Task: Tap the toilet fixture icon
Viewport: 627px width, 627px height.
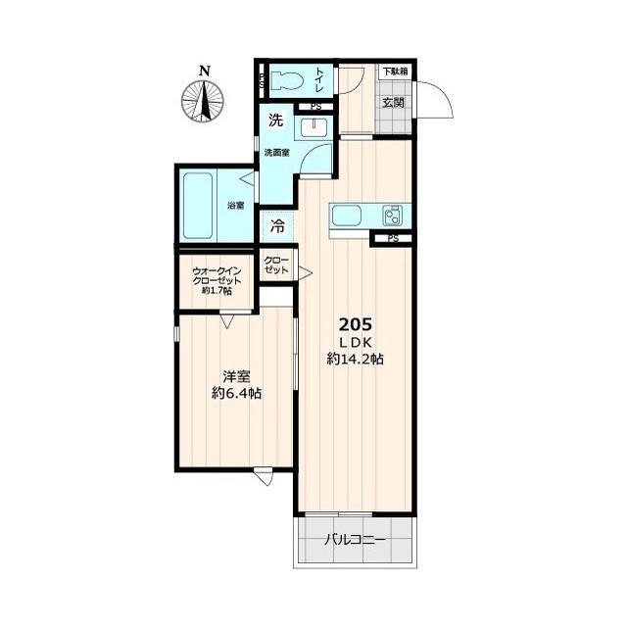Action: pyautogui.click(x=286, y=80)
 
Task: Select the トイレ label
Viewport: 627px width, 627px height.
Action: pyautogui.click(x=320, y=80)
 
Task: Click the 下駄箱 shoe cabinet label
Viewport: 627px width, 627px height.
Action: pyautogui.click(x=396, y=72)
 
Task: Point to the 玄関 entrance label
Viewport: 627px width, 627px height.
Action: pyautogui.click(x=394, y=102)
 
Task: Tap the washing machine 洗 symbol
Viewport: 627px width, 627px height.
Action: pyautogui.click(x=275, y=120)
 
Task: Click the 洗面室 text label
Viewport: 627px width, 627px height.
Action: pyautogui.click(x=276, y=153)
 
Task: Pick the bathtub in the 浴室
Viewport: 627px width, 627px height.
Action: pyautogui.click(x=198, y=206)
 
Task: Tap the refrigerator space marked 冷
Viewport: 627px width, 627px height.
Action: pyautogui.click(x=277, y=226)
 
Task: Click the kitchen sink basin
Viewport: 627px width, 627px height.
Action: pyautogui.click(x=347, y=216)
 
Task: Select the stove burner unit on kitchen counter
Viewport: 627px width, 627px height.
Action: pyautogui.click(x=392, y=216)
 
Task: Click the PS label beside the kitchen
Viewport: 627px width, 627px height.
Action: pyautogui.click(x=394, y=239)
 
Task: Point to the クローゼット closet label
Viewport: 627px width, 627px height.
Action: pyautogui.click(x=276, y=265)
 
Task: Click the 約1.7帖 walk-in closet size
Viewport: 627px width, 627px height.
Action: pyautogui.click(x=217, y=291)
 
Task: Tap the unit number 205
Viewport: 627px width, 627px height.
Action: pyautogui.click(x=356, y=324)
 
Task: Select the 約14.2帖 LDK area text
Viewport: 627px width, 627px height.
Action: pyautogui.click(x=356, y=359)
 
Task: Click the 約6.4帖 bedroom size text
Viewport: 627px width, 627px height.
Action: pyautogui.click(x=236, y=394)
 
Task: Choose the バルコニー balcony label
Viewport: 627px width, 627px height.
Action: pyautogui.click(x=355, y=540)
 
